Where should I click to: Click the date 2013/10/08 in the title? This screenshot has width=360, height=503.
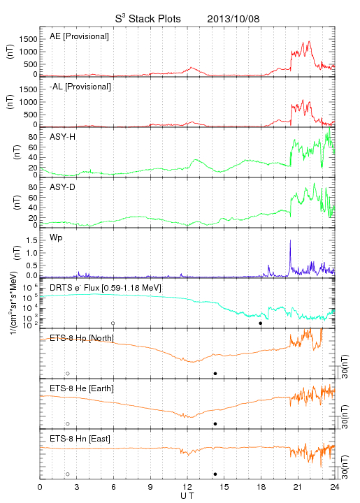pyautogui.click(x=233, y=19)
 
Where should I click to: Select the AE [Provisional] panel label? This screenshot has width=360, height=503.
pyautogui.click(x=79, y=36)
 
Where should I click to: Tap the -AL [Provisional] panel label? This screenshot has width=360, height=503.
pyautogui.click(x=80, y=87)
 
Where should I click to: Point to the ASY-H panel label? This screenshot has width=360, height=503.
pyautogui.click(x=63, y=137)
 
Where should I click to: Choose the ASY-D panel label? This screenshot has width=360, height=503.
pyautogui.click(x=63, y=187)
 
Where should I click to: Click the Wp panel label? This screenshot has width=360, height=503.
pyautogui.click(x=56, y=238)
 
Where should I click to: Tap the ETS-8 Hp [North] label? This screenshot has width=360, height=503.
pyautogui.click(x=82, y=338)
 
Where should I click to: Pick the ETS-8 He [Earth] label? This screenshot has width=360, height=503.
pyautogui.click(x=82, y=388)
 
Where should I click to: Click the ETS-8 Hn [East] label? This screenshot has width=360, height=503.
pyautogui.click(x=80, y=439)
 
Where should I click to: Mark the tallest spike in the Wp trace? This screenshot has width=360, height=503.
pyautogui.click(x=290, y=240)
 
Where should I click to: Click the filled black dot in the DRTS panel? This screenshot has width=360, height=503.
pyautogui.click(x=261, y=323)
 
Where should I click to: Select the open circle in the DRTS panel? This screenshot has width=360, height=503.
pyautogui.click(x=113, y=323)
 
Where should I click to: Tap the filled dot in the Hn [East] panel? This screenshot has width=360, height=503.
pyautogui.click(x=215, y=474)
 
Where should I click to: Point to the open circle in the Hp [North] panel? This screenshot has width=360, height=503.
pyautogui.click(x=68, y=373)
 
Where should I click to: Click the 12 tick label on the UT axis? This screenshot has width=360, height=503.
pyautogui.click(x=187, y=487)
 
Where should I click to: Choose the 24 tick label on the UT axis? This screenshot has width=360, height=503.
pyautogui.click(x=335, y=487)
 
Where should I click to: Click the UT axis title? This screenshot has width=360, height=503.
pyautogui.click(x=187, y=496)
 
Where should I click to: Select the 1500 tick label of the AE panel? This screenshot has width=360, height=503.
pyautogui.click(x=28, y=39)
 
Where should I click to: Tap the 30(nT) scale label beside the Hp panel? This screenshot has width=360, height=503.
pyautogui.click(x=345, y=366)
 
